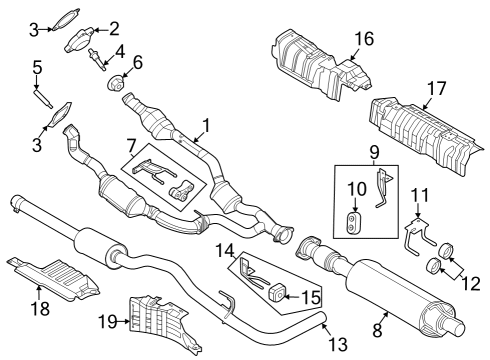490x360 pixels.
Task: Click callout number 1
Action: pos(208,126)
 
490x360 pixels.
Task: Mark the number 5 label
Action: pos(37,68)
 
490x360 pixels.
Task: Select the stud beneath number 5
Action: pos(44,98)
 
